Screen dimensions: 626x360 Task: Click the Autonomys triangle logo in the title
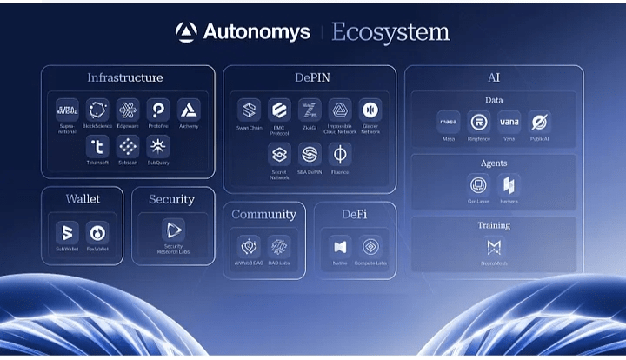pos(186,33)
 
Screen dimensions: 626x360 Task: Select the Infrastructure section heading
pos(124,78)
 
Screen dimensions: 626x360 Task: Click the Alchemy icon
pos(189,110)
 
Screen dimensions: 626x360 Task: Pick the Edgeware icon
pos(128,110)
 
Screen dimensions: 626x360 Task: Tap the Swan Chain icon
pos(250,110)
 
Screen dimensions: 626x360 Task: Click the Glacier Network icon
pos(370,110)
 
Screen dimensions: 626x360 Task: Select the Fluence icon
pos(340,155)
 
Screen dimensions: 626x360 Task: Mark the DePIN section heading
pos(310,78)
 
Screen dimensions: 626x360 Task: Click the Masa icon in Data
pos(449,122)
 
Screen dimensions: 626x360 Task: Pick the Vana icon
pos(509,122)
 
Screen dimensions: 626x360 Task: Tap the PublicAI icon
pos(539,122)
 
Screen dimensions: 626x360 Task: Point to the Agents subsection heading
pos(493,163)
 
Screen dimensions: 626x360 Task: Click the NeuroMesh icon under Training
pos(493,247)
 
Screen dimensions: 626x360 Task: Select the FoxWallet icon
pos(97,233)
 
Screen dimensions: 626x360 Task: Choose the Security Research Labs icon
pos(174,230)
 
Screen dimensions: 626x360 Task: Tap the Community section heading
pos(264,214)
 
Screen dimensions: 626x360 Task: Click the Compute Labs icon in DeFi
pos(370,247)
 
